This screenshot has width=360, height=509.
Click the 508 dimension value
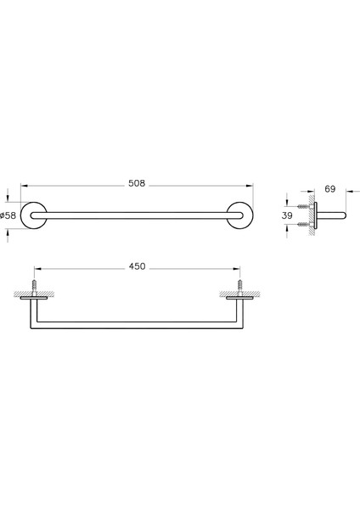click(137, 180)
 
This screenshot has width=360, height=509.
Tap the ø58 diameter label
click(8, 215)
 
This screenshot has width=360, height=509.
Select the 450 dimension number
click(137, 266)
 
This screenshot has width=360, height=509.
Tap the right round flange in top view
click(241, 216)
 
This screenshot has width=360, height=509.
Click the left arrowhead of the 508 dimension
click(24, 187)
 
